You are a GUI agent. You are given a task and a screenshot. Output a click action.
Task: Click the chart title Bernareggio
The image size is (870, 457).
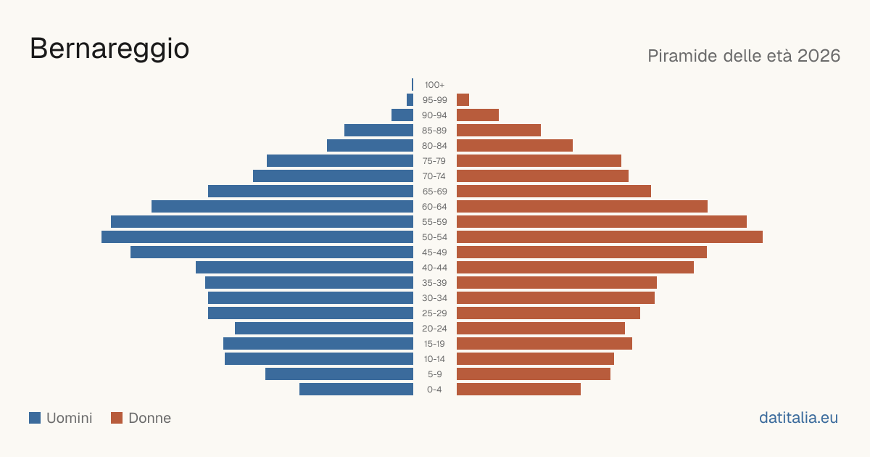(x=109, y=49)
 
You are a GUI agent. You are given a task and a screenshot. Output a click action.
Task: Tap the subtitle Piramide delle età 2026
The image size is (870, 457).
(x=744, y=56)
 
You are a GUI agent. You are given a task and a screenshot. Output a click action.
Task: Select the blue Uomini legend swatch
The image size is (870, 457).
(x=35, y=418)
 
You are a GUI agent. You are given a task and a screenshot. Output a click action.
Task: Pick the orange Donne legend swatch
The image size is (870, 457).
(x=117, y=418)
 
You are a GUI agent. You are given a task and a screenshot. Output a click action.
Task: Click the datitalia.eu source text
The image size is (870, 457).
(x=798, y=418)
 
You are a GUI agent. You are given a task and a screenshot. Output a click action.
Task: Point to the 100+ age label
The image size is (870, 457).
(x=434, y=85)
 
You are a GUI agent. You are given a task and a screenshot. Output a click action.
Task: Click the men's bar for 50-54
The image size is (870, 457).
(x=257, y=237)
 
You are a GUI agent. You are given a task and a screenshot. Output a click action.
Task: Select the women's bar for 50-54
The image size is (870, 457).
(x=610, y=237)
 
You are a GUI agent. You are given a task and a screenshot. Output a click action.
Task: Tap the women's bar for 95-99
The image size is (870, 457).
(x=463, y=100)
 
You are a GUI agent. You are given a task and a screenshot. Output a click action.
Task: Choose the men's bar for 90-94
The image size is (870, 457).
(x=402, y=115)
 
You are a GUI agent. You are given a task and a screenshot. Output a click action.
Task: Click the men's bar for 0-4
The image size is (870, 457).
(x=356, y=390)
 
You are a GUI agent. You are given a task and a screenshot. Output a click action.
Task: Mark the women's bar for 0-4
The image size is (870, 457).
(x=518, y=390)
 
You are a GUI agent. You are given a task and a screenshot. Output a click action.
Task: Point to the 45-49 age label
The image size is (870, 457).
(x=434, y=252)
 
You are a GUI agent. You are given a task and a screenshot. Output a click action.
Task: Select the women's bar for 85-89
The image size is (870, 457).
(x=499, y=130)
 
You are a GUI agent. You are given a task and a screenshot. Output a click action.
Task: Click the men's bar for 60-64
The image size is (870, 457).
(x=282, y=206)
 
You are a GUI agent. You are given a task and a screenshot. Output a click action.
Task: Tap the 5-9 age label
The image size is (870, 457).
(x=434, y=374)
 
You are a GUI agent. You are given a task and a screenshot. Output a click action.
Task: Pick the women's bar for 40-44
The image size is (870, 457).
(x=575, y=268)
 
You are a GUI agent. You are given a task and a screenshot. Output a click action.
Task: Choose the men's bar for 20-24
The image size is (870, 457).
(x=324, y=329)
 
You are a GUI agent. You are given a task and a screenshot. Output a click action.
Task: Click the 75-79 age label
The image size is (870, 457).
(x=434, y=161)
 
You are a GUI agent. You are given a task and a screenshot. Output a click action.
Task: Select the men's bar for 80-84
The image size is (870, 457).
(x=370, y=145)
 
